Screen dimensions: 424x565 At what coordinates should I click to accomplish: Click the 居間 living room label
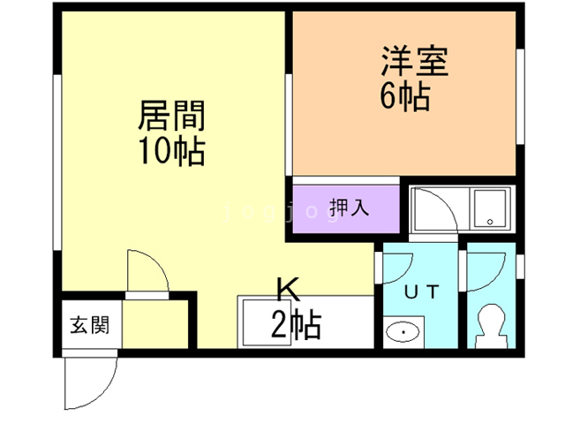point(171,116)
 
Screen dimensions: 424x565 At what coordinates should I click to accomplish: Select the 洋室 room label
point(416,61)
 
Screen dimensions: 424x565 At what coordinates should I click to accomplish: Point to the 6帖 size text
point(405,95)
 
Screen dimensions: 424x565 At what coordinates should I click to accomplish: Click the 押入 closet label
point(350,208)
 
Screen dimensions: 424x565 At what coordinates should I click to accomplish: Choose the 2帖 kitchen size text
point(295,327)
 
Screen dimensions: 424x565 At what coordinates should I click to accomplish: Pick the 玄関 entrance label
point(89,324)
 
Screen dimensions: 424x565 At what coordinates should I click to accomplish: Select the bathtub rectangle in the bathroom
point(488,210)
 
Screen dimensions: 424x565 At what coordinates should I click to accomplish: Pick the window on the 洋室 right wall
point(520,97)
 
